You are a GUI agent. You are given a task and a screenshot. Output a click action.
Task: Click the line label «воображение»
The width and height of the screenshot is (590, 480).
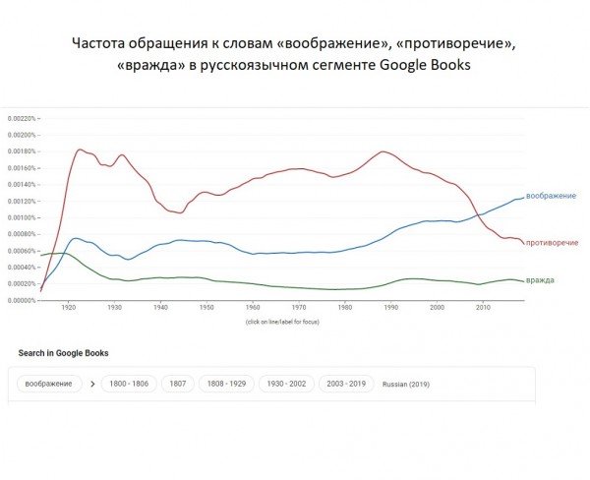click(551, 196)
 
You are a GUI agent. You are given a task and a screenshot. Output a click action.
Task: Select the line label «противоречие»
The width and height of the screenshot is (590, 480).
click(552, 242)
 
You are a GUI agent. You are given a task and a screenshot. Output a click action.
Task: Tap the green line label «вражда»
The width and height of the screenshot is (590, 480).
click(540, 280)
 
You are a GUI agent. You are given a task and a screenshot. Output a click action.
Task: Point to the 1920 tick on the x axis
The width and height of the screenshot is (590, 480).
click(68, 308)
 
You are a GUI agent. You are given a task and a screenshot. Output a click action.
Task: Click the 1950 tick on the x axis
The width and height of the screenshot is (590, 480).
click(206, 308)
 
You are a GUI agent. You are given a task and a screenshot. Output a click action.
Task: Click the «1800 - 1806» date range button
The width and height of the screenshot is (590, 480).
click(129, 383)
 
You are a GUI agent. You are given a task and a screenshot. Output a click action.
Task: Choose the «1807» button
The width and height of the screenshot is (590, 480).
click(178, 383)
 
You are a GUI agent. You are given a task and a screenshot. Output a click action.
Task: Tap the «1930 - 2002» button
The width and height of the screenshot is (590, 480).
click(287, 383)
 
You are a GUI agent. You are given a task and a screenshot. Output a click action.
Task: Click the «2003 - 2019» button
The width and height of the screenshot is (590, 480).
click(347, 383)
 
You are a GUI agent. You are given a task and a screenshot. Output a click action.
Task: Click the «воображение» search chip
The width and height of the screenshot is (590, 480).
click(49, 383)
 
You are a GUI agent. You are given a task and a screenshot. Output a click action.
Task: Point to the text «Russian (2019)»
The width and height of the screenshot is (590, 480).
click(406, 384)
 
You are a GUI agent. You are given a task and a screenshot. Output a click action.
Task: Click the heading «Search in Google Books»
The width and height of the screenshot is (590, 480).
click(63, 352)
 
